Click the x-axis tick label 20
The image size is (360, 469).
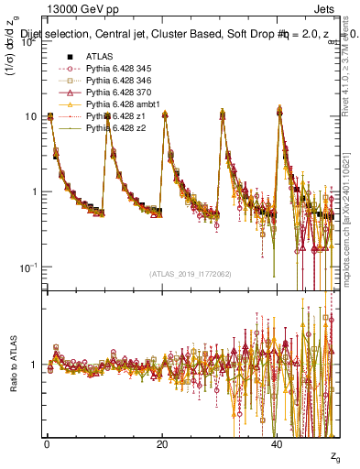[x=162, y=443]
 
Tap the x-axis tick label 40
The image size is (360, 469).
[x=277, y=443]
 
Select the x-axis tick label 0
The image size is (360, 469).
[x=47, y=443]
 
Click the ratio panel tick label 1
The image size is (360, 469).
[x=35, y=365]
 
